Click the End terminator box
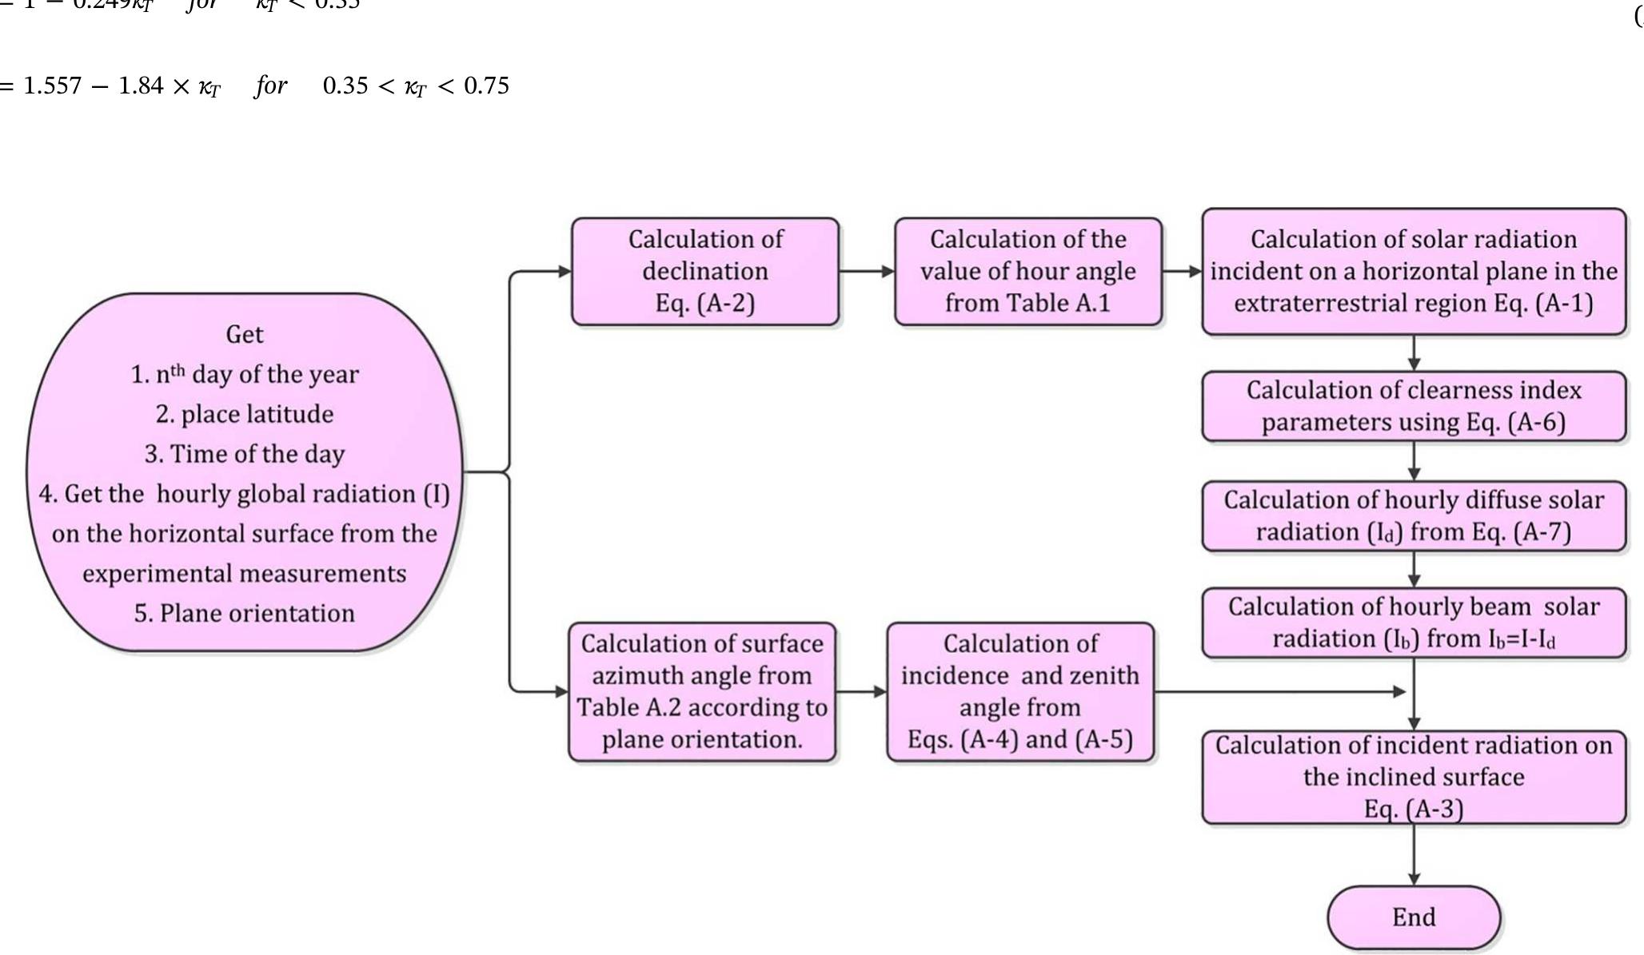coord(1413,917)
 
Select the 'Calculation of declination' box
coord(704,271)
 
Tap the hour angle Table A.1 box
coord(1027,271)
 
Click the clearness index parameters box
coord(1413,406)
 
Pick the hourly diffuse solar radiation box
coord(1413,515)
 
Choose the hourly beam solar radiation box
coord(1413,623)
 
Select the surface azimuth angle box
coord(701,691)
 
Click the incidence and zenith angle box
coord(1020,691)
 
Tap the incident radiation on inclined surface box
coord(1413,776)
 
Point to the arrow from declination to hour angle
coord(867,272)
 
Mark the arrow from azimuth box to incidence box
coord(861,691)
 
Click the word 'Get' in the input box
coord(245,334)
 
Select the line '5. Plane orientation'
coord(245,613)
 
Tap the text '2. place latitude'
coord(245,414)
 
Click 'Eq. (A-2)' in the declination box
coord(704,303)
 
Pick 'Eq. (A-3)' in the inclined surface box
coord(1413,809)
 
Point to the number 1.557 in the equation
coord(52,86)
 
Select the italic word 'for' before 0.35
coord(271,86)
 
